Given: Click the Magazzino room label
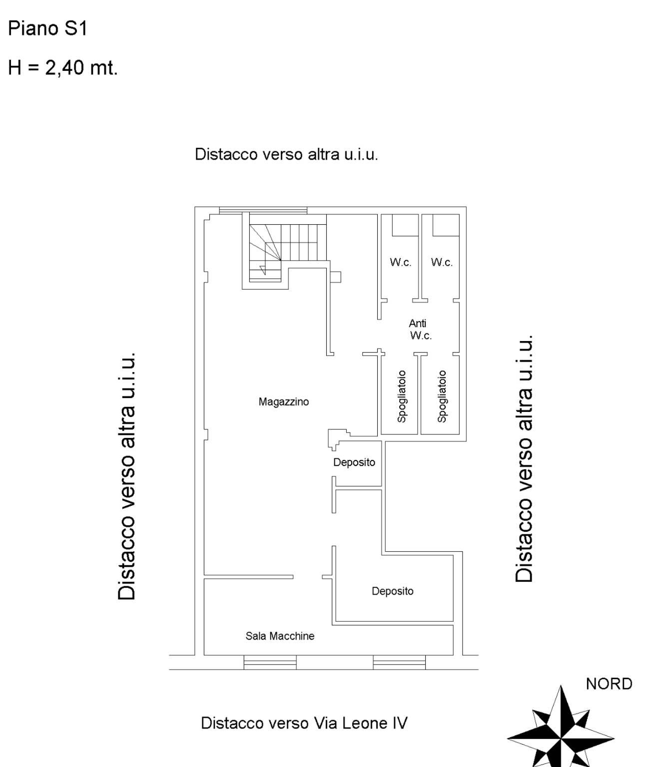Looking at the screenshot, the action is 283,401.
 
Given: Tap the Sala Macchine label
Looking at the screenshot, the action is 280,636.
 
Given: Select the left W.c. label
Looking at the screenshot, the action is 400,262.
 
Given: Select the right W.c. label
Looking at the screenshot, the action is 442,262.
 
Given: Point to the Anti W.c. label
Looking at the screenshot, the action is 420,329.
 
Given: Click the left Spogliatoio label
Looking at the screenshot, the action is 401,396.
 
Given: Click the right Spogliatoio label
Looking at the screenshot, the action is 442,396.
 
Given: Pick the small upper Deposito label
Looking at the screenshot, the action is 354,462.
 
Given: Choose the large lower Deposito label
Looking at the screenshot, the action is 392,591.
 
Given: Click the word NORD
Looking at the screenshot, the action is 609,684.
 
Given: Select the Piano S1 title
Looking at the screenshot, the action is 47,28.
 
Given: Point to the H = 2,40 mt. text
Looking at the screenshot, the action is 63,67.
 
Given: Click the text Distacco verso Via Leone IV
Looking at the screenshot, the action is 304,723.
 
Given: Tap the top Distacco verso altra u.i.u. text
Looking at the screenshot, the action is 286,154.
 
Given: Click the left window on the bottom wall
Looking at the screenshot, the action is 270,662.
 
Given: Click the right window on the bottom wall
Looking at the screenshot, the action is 399,662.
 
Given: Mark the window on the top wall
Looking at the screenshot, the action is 263,210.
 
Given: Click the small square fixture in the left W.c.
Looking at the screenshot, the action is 405,225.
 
